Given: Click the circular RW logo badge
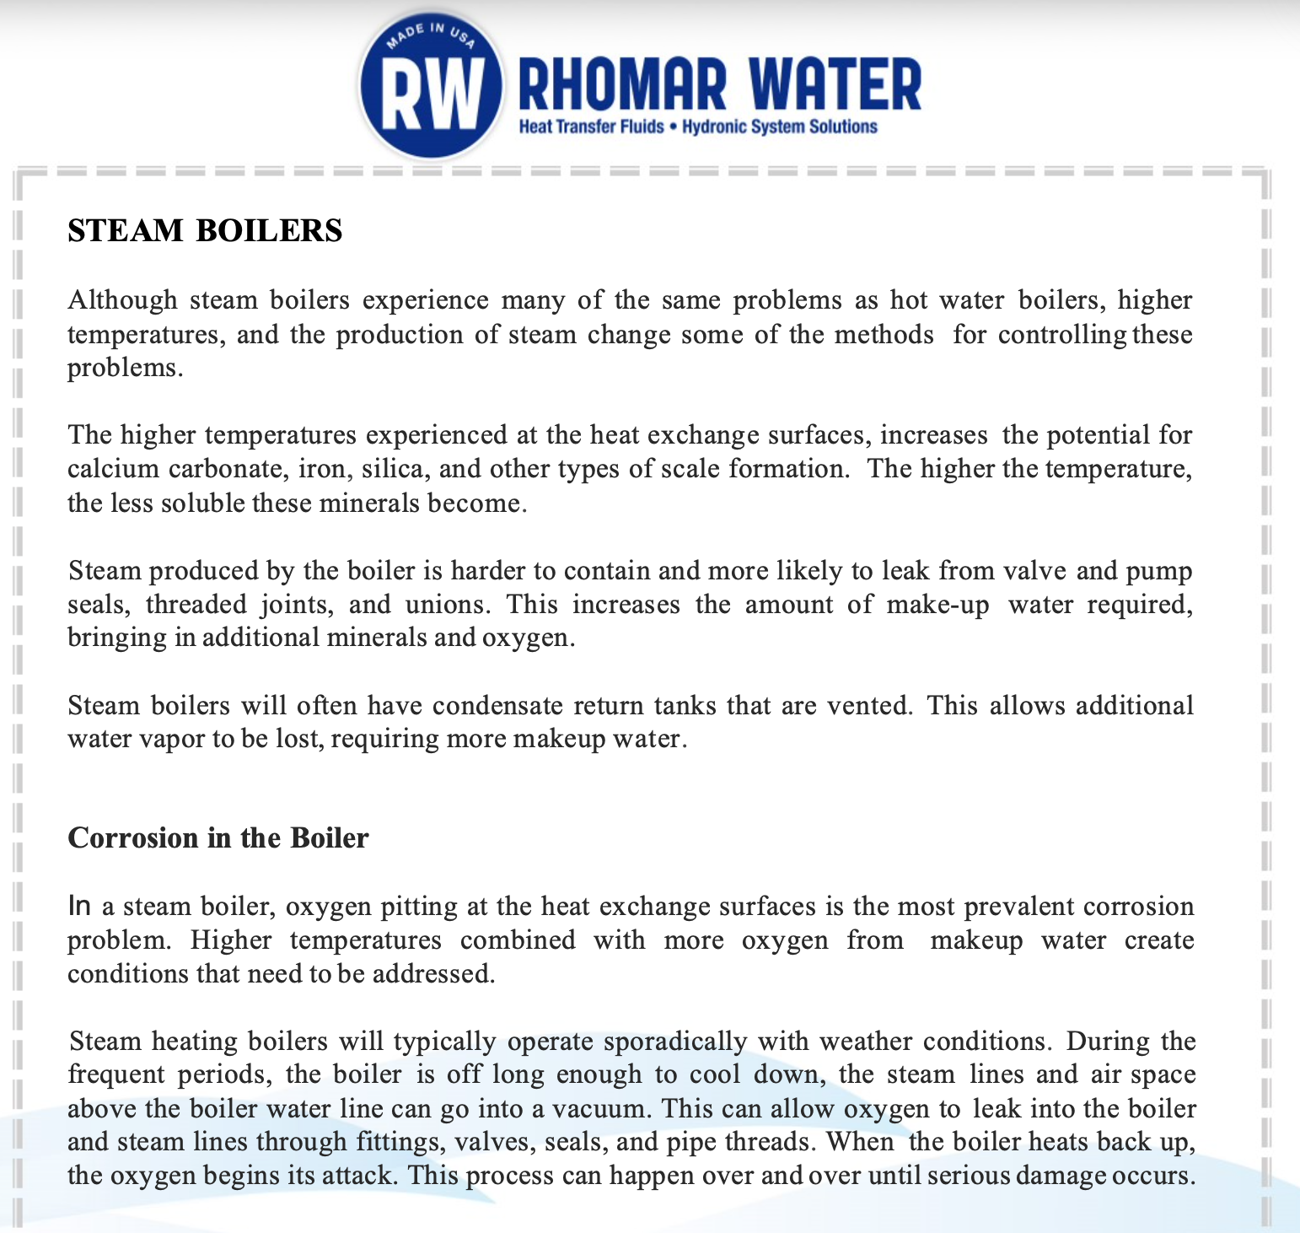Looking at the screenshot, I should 432,87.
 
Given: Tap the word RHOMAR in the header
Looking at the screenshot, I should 622,85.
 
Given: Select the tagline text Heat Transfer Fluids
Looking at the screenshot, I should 591,127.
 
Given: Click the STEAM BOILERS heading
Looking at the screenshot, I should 205,230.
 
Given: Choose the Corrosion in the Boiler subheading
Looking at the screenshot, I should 218,837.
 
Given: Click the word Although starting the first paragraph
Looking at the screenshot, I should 122,300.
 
